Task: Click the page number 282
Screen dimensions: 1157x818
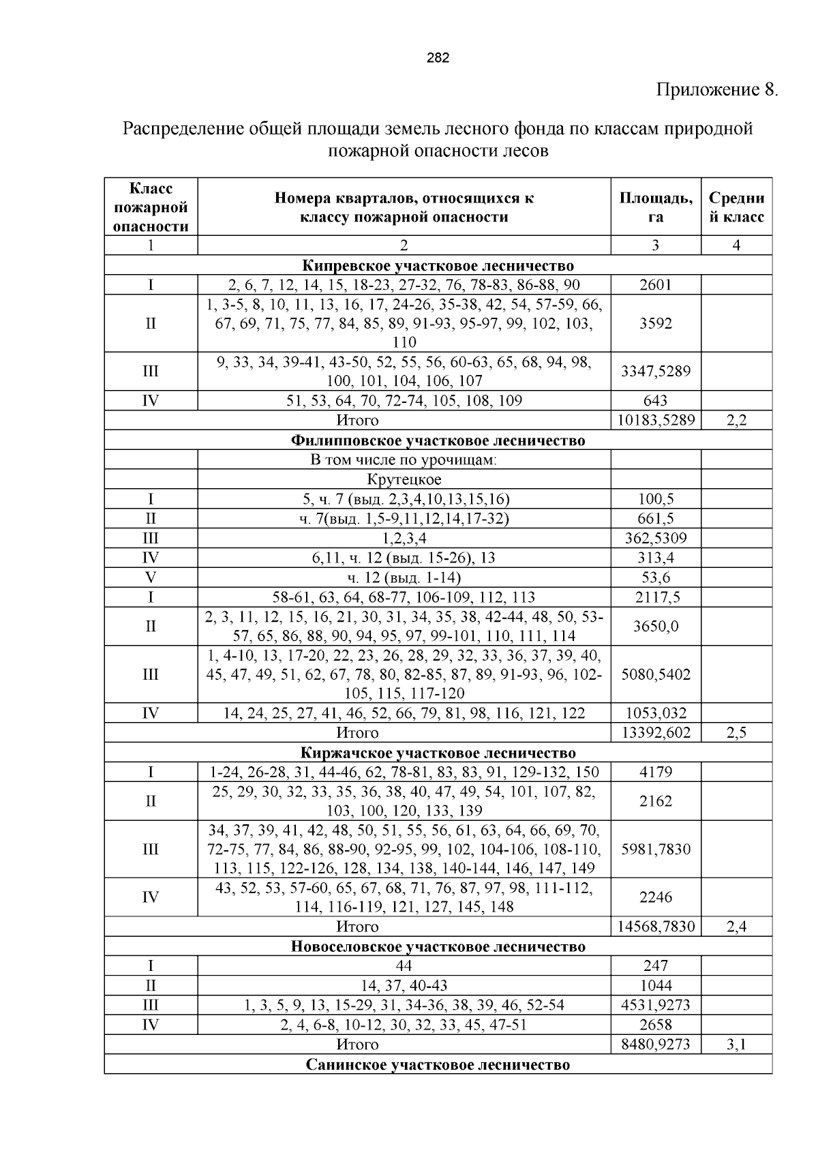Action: tap(438, 58)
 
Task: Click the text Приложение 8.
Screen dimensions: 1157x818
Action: tap(716, 90)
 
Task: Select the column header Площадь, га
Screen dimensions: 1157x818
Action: tap(655, 207)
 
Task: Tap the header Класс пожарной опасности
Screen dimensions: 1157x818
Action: tap(151, 207)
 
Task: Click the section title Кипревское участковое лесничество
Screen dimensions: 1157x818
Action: tap(438, 266)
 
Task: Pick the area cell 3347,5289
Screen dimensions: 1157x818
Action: tap(655, 372)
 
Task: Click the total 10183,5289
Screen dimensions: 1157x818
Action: tap(655, 421)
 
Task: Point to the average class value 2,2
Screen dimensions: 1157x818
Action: tap(736, 421)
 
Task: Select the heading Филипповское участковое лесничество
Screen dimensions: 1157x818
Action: tap(438, 440)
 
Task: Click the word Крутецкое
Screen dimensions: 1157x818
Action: tap(404, 479)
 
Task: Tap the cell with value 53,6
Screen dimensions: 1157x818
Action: tap(655, 578)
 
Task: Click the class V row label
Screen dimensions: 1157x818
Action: tap(151, 578)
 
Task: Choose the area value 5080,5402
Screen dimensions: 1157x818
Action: tap(655, 675)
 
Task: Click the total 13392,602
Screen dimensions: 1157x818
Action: tap(655, 733)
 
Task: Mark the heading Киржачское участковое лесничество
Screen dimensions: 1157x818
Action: tap(438, 753)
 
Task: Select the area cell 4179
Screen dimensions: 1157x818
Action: tap(655, 772)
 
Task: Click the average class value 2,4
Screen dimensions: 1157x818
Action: tap(736, 927)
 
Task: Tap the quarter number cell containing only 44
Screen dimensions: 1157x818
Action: tap(404, 966)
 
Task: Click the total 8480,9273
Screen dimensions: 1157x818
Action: tap(655, 1045)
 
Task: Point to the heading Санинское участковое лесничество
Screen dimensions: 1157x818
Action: tap(438, 1064)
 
